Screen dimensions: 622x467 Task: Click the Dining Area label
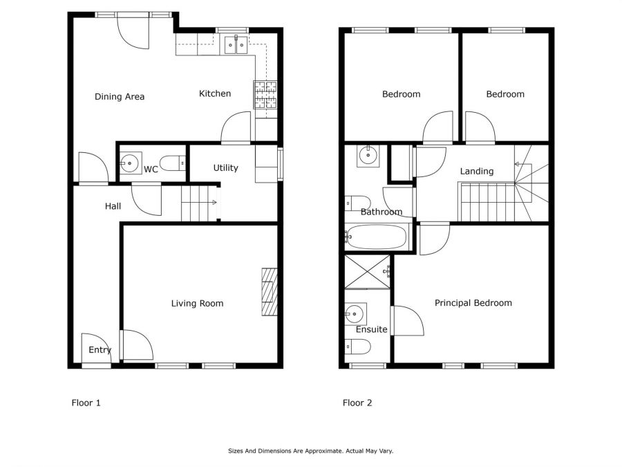(x=120, y=96)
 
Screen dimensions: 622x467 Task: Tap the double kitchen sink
(x=236, y=45)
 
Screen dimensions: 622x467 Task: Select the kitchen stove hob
(x=265, y=95)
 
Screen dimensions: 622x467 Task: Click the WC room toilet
(x=173, y=163)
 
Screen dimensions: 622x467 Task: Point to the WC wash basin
(x=131, y=163)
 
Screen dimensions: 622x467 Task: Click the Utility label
(x=226, y=168)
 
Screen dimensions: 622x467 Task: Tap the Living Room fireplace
(x=270, y=292)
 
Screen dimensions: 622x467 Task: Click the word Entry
(x=100, y=350)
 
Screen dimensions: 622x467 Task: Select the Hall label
(x=113, y=206)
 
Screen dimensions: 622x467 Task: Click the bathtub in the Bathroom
(x=377, y=237)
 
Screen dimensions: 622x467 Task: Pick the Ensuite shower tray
(x=368, y=272)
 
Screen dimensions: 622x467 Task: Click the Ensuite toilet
(x=358, y=347)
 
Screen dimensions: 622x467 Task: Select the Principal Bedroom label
(x=473, y=303)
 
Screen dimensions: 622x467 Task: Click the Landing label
(x=477, y=171)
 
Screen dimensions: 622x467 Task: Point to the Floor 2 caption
(x=357, y=403)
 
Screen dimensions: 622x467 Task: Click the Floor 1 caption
(x=86, y=403)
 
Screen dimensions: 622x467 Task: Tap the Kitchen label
(x=215, y=93)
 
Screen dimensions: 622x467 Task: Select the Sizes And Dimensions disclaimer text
(x=310, y=450)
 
